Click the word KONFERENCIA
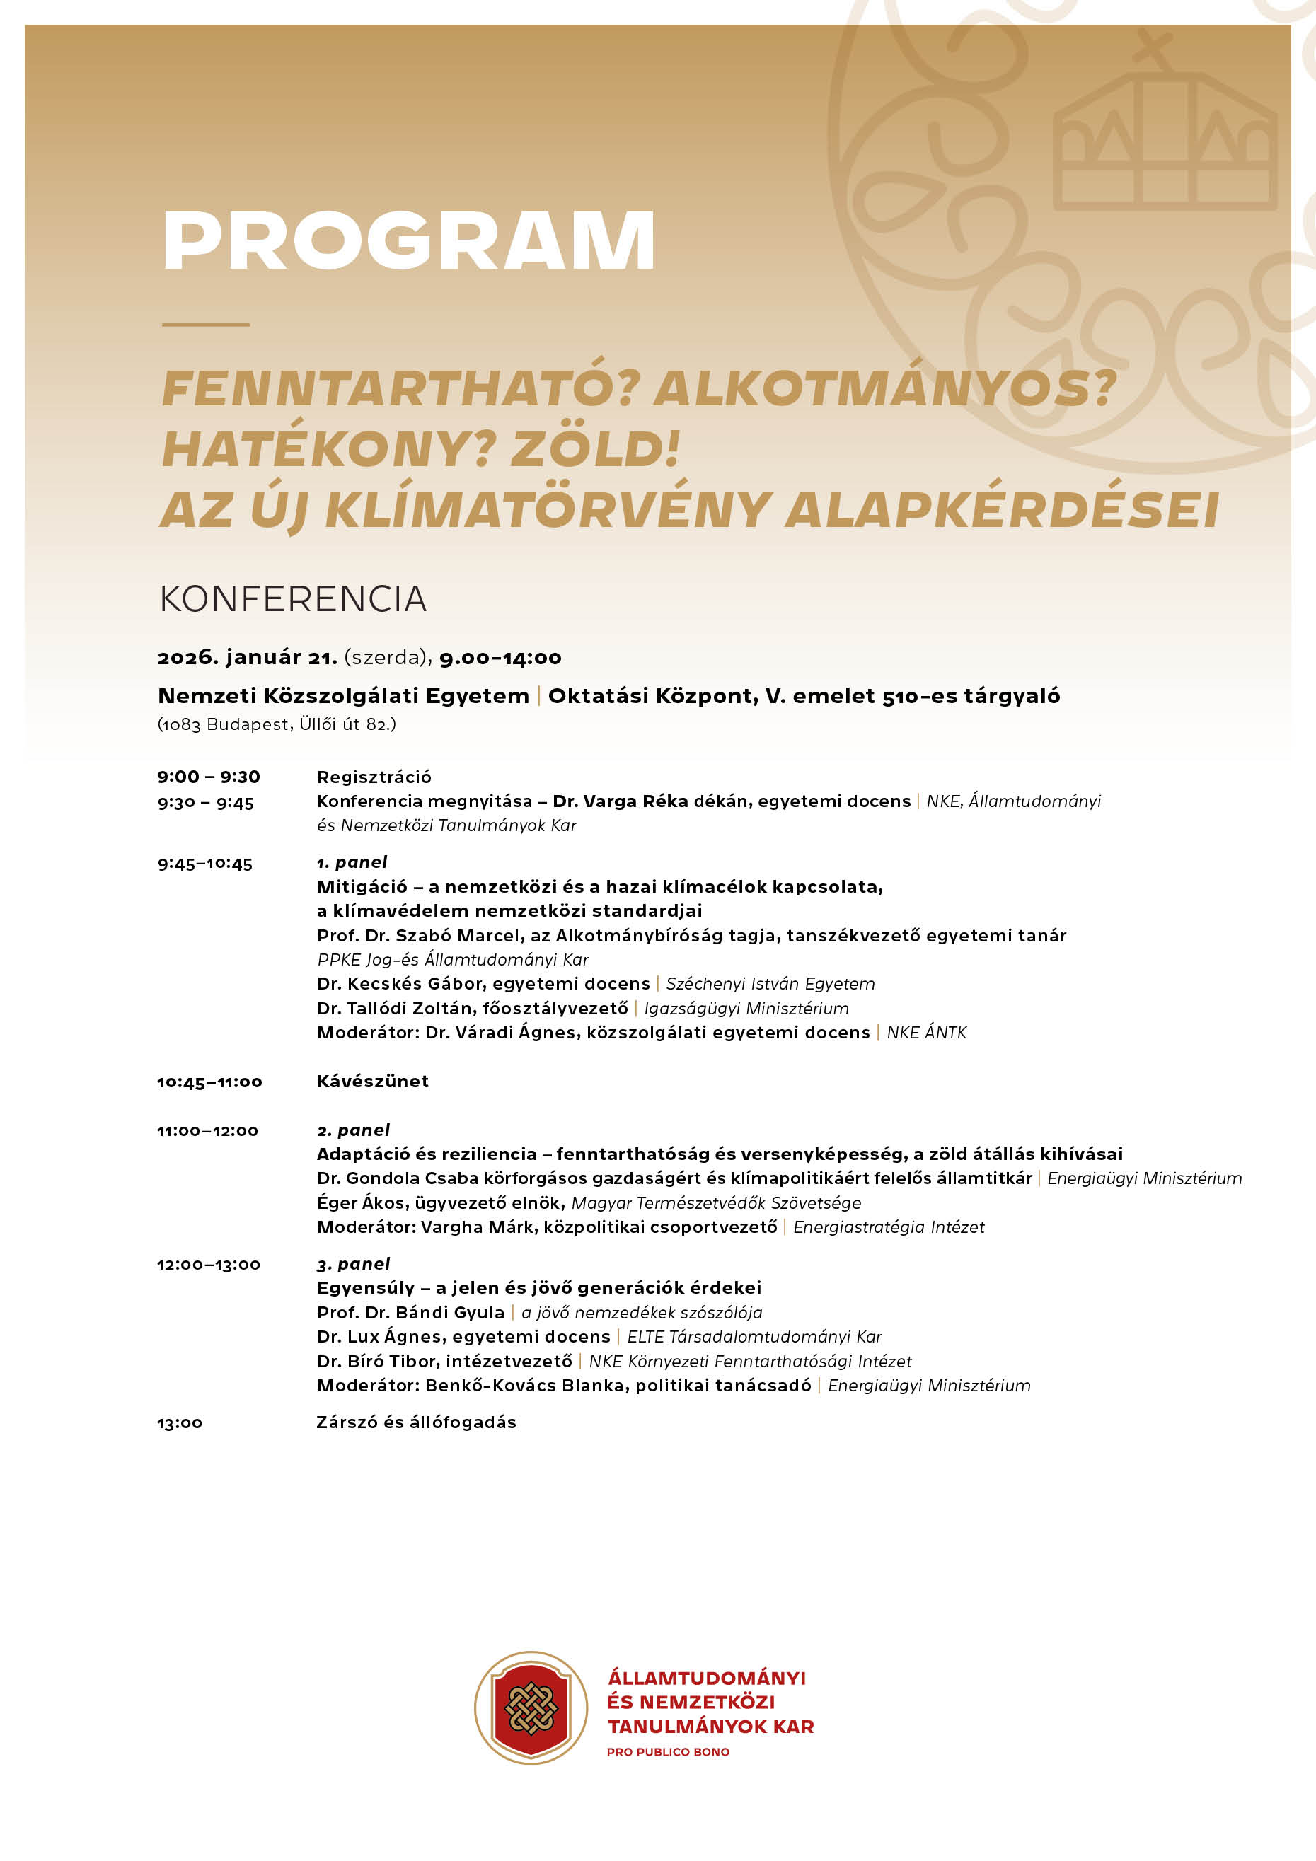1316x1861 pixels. (x=293, y=600)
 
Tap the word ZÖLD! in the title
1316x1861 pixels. (x=595, y=449)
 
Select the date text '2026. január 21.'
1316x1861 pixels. (x=248, y=657)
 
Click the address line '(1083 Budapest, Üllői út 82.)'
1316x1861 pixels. (x=277, y=724)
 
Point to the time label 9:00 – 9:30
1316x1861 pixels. (x=209, y=777)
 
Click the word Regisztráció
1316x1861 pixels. (x=374, y=777)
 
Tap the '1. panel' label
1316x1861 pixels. (x=352, y=862)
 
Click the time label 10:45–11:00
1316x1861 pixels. (x=209, y=1082)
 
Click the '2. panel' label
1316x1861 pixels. (x=353, y=1130)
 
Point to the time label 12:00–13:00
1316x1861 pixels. (x=209, y=1265)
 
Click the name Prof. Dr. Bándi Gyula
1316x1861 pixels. (x=410, y=1312)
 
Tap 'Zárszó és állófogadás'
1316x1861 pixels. (x=416, y=1422)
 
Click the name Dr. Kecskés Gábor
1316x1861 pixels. (x=396, y=983)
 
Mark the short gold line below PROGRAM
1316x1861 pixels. (x=206, y=324)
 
